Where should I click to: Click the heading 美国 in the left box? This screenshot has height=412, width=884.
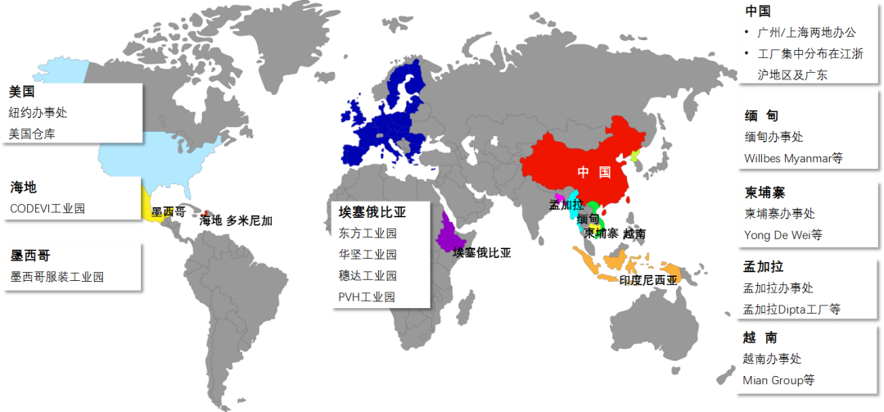pos(22,92)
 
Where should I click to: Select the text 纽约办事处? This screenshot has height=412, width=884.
pos(38,113)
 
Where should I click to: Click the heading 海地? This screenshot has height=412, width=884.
pos(23,188)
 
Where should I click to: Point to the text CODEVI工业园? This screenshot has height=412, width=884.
pos(47,208)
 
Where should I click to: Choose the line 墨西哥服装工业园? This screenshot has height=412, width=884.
pos(57,277)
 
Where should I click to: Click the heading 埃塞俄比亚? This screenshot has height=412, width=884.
pos(372,212)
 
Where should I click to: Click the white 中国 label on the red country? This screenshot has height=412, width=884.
pos(594,172)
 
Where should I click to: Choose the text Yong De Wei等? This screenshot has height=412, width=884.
pos(781,234)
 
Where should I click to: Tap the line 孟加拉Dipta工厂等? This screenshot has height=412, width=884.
pos(791,309)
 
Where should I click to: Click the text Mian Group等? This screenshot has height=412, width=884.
pos(778,379)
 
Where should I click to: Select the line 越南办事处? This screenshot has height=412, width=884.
pos(772,359)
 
